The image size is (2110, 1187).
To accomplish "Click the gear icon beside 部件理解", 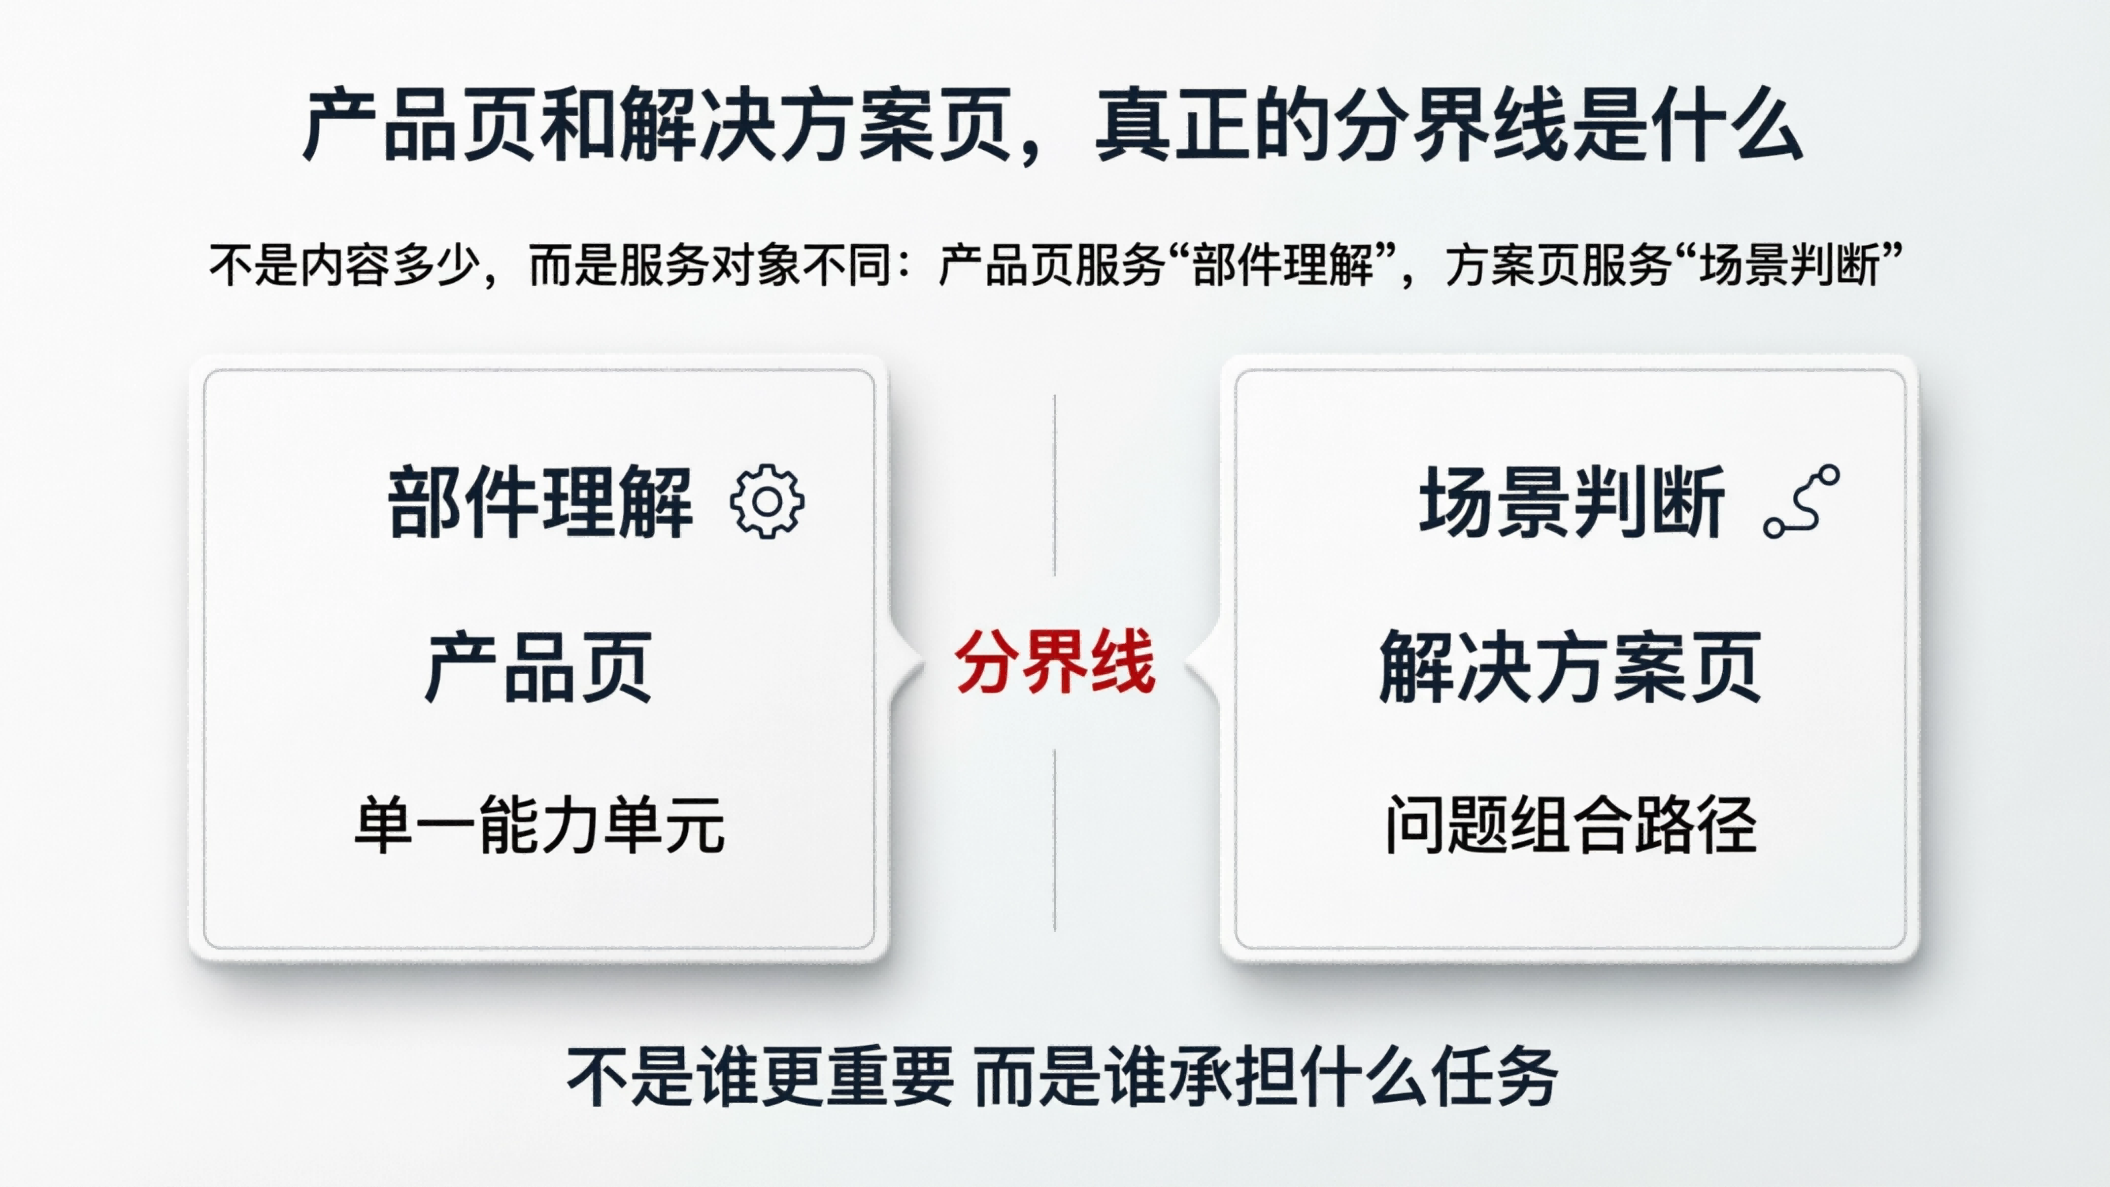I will coord(767,501).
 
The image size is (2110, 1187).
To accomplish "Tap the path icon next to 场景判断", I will coord(1801,501).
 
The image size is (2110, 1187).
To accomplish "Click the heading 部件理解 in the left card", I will coord(540,501).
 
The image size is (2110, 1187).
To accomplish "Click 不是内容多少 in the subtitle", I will coord(344,264).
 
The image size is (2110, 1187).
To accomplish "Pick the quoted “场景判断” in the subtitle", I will coord(1790,264).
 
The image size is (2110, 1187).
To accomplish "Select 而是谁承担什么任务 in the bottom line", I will coord(1266,1076).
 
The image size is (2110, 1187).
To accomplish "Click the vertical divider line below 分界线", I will coord(1055,840).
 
